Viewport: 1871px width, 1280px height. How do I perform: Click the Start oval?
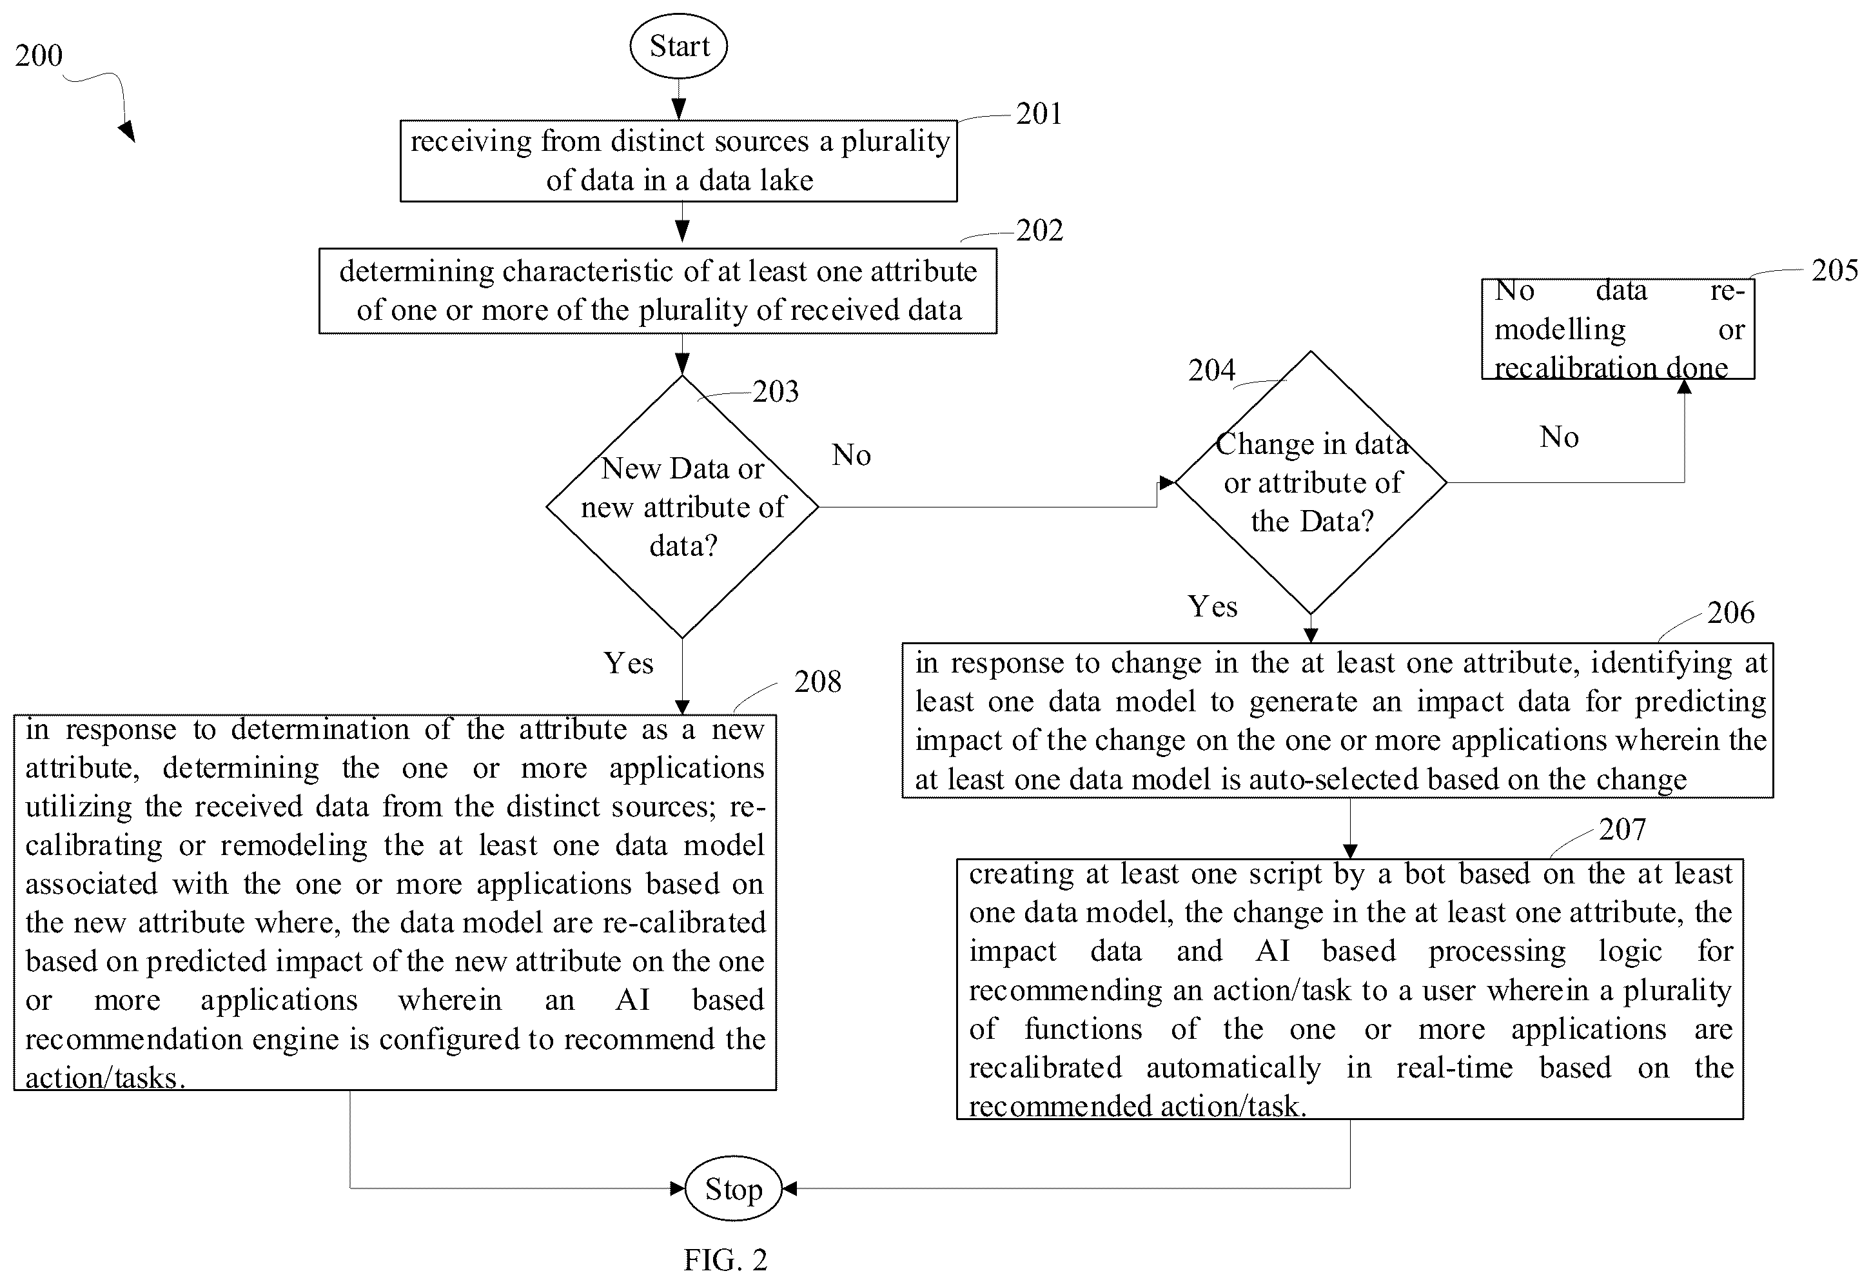(679, 46)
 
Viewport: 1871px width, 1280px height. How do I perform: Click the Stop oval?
(734, 1188)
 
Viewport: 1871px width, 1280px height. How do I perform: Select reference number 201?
(1039, 113)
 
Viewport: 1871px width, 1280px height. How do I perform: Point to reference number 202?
(1039, 230)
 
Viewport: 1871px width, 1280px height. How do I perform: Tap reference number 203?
(776, 391)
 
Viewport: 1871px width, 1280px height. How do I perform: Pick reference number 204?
(1211, 370)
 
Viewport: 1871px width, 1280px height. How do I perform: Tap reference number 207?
(1622, 829)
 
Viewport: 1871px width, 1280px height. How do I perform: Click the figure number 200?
(39, 55)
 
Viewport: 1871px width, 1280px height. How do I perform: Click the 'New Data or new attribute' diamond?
(683, 507)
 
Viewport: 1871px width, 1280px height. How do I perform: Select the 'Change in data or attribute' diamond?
(1311, 483)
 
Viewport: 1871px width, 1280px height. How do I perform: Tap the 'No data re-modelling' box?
(1618, 330)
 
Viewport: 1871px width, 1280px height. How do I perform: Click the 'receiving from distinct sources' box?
(679, 161)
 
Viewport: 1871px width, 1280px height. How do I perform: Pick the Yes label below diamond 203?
(629, 664)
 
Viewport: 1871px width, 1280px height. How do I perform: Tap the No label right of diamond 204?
(1560, 437)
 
